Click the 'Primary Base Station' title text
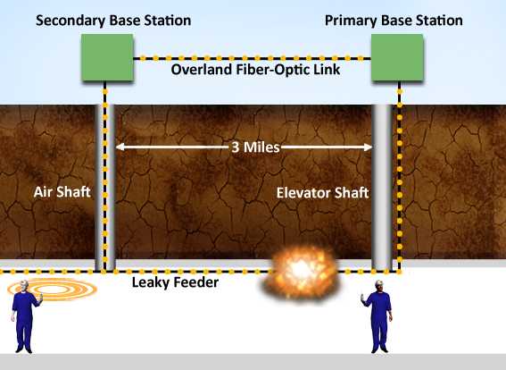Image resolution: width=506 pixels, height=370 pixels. click(405, 20)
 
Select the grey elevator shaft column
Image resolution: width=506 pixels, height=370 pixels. click(383, 188)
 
